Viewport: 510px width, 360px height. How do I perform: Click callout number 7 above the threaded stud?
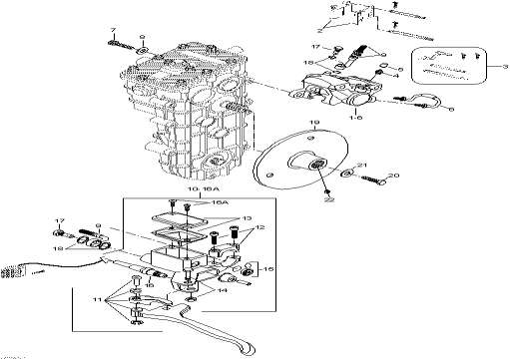pos(112,32)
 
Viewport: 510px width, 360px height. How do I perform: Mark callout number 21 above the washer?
pos(363,165)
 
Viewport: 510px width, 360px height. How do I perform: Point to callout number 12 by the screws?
pos(259,229)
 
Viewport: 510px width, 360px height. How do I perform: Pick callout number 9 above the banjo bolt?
pos(96,227)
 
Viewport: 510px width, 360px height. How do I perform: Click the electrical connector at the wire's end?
pos(13,271)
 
